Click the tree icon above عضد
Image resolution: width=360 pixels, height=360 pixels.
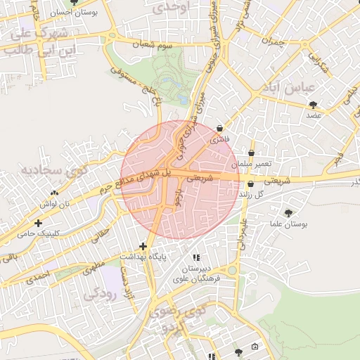(x=313, y=105)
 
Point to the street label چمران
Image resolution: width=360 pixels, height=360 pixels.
(x=271, y=41)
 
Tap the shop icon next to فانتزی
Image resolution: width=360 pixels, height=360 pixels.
(x=221, y=129)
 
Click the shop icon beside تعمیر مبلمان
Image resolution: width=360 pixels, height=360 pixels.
(x=252, y=153)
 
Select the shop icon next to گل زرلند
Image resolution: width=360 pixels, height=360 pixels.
(x=250, y=184)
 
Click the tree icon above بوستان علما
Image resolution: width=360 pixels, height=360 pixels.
(x=288, y=213)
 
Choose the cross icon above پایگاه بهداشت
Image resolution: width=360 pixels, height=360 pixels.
(x=143, y=246)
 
